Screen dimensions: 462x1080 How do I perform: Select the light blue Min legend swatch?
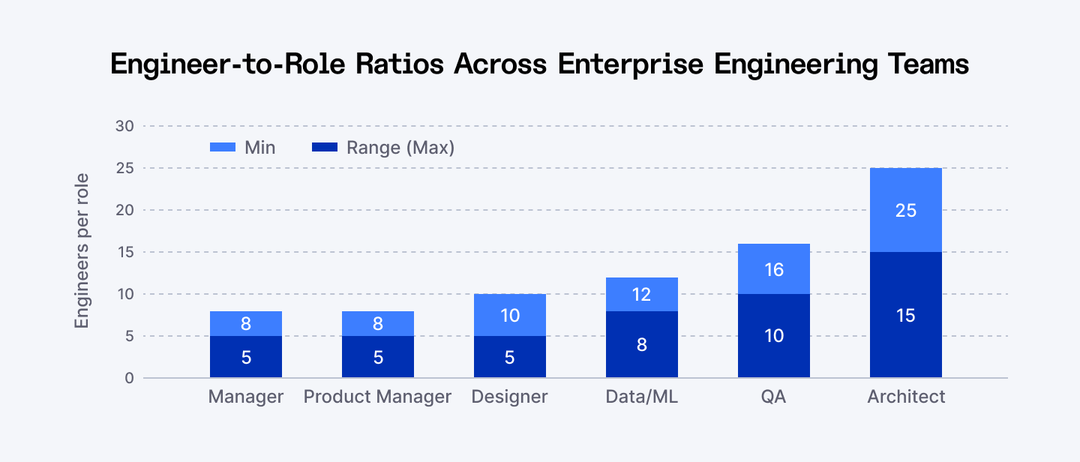(x=222, y=148)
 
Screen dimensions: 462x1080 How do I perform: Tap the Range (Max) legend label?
(x=400, y=148)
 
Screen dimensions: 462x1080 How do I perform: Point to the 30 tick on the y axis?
(x=124, y=126)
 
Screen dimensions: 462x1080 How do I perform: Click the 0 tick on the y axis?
(x=129, y=378)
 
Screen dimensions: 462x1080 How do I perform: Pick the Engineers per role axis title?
(x=82, y=250)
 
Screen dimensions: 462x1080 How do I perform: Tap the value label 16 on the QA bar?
(x=773, y=269)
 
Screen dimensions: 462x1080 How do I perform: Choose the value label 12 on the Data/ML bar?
(x=641, y=295)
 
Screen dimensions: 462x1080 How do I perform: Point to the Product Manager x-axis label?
(x=377, y=397)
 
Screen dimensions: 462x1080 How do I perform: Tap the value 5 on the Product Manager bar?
(x=377, y=358)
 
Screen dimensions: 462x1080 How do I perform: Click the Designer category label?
(x=509, y=397)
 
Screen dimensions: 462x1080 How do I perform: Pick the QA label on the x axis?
(x=773, y=397)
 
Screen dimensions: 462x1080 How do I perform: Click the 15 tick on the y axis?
(x=124, y=252)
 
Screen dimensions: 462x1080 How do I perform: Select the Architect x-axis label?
(x=906, y=397)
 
